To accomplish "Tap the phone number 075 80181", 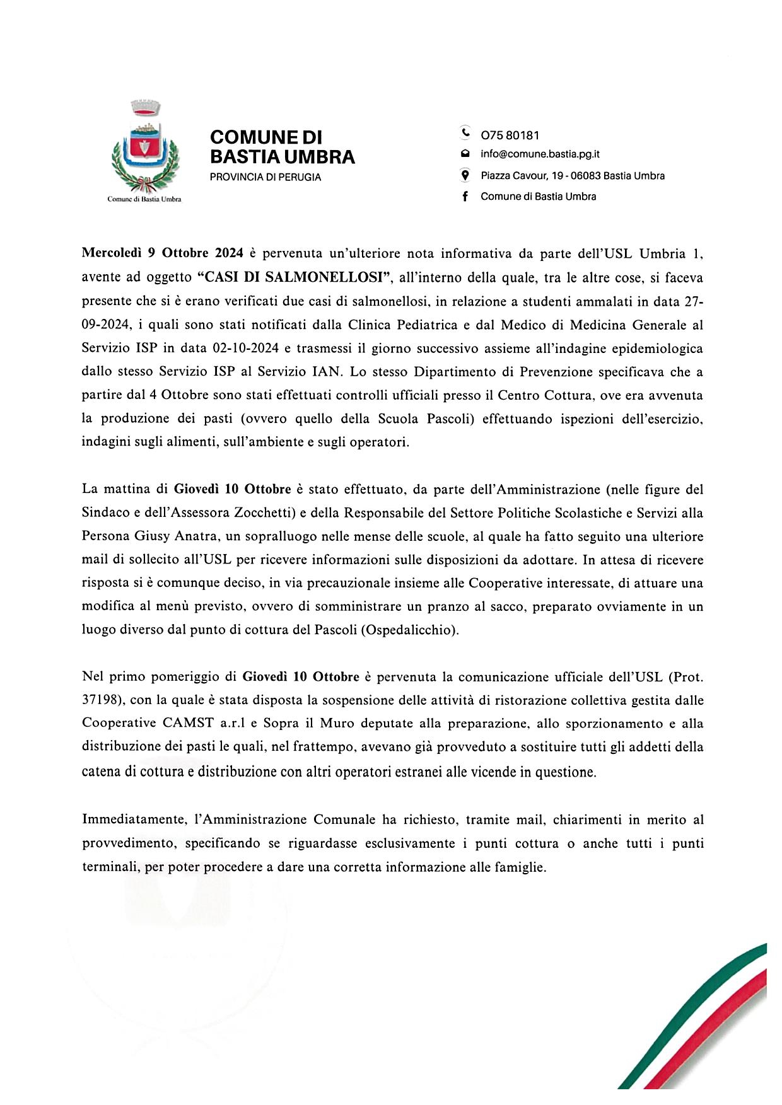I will [510, 136].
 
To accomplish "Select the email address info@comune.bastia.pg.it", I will [540, 154].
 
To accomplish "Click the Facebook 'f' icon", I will [465, 197].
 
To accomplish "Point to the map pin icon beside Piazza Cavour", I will [465, 176].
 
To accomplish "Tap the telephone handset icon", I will [465, 134].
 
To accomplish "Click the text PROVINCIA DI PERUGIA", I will [265, 178].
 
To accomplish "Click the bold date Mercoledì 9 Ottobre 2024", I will [163, 253].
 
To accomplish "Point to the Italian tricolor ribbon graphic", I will [700, 1021].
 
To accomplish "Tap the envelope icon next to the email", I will [465, 154].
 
